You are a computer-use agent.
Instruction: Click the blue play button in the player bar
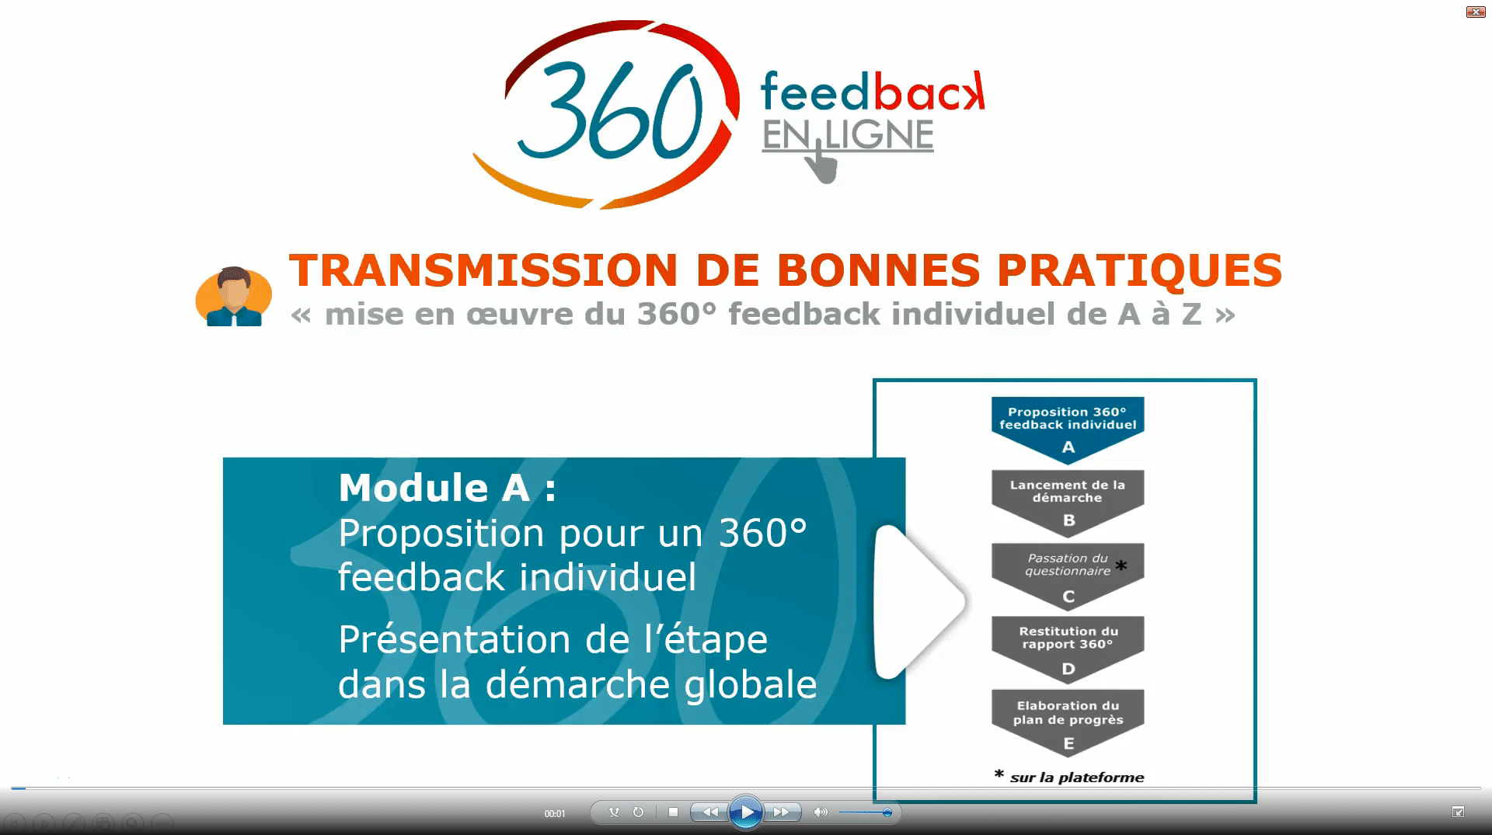tap(746, 812)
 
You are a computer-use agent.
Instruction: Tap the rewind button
tap(709, 812)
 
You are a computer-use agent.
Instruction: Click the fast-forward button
tap(782, 812)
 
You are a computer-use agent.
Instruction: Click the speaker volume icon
tap(821, 812)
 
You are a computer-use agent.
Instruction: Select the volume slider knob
tap(887, 812)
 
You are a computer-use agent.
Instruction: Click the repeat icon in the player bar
tap(638, 812)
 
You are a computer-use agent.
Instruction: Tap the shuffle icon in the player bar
tap(614, 812)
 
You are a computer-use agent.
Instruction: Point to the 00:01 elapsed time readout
tap(555, 814)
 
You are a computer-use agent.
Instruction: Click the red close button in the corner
tap(1476, 12)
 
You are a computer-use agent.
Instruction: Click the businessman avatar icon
tap(233, 297)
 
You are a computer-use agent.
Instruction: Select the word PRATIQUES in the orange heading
tap(1139, 270)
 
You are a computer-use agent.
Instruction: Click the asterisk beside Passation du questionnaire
tap(1121, 566)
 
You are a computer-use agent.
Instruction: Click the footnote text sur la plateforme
tap(1077, 778)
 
